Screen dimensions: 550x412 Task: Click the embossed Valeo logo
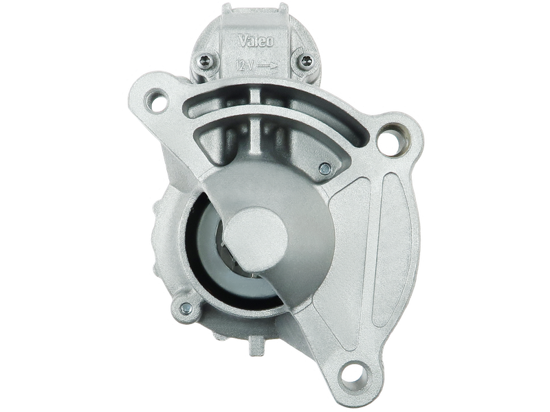pos(256,41)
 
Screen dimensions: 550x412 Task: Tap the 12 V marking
pos(244,65)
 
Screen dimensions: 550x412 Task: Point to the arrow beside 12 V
pos(267,65)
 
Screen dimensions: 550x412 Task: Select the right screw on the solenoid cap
pos(307,60)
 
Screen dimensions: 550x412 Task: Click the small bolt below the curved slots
pos(324,169)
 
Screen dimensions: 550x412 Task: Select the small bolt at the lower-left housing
pos(186,308)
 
